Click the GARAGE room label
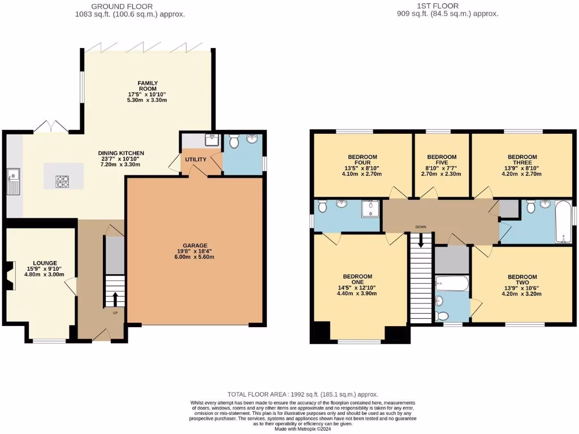194,245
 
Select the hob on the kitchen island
63,181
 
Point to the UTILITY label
195,160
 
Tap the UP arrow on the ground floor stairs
115,297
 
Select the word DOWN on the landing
420,227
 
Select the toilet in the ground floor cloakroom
235,138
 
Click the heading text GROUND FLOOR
129,6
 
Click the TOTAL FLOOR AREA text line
302,394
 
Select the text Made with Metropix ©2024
302,429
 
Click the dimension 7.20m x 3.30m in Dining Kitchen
121,164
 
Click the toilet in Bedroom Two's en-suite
444,315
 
